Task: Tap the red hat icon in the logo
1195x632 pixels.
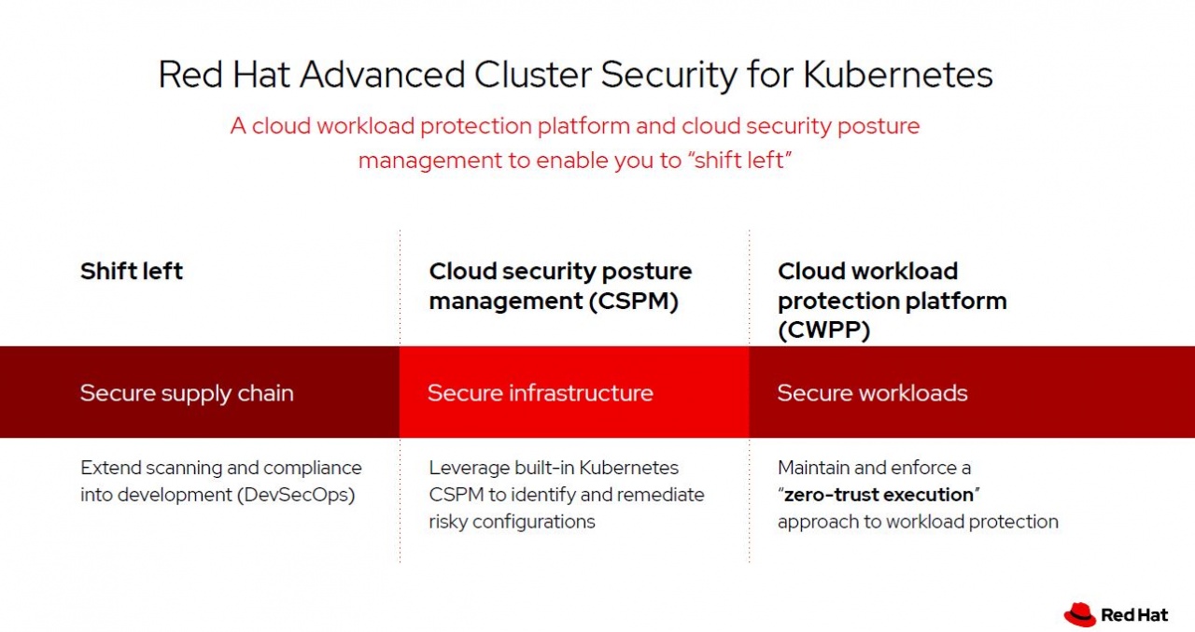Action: click(x=1079, y=613)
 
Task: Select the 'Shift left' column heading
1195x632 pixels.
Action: click(x=132, y=272)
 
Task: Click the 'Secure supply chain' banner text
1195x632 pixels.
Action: click(x=187, y=393)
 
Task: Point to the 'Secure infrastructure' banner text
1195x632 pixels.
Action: click(x=541, y=393)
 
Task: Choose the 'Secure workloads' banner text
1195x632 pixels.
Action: click(x=872, y=393)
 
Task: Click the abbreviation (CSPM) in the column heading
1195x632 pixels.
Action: click(x=636, y=302)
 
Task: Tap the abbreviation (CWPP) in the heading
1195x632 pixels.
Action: click(x=823, y=330)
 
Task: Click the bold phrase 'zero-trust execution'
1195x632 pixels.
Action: click(x=879, y=494)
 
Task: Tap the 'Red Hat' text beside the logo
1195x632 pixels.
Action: click(x=1134, y=614)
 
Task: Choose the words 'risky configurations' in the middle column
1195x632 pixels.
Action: click(x=512, y=522)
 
